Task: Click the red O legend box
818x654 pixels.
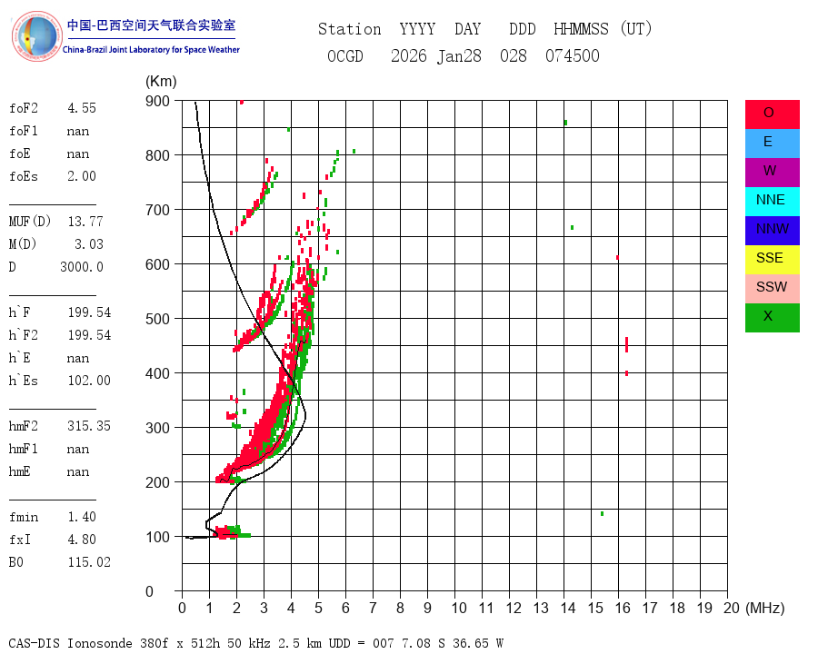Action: (772, 114)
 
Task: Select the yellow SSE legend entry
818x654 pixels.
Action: (772, 260)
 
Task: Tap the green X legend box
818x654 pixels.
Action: (772, 318)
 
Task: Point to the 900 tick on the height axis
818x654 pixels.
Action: (157, 101)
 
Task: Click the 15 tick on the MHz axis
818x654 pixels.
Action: (595, 608)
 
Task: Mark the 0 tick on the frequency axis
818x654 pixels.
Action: (182, 608)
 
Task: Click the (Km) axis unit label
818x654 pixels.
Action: (161, 82)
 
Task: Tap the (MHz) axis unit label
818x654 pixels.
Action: (765, 608)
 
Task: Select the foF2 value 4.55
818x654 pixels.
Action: (82, 108)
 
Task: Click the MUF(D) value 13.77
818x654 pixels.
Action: (85, 222)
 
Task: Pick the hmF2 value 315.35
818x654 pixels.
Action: (89, 426)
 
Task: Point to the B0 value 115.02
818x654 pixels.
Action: (89, 562)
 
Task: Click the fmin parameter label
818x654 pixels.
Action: (24, 517)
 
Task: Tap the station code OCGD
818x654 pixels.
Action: (345, 56)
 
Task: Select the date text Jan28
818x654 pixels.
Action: (459, 56)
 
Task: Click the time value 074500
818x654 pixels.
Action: (573, 56)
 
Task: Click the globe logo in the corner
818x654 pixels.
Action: (36, 36)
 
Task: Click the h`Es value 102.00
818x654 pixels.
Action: (89, 381)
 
